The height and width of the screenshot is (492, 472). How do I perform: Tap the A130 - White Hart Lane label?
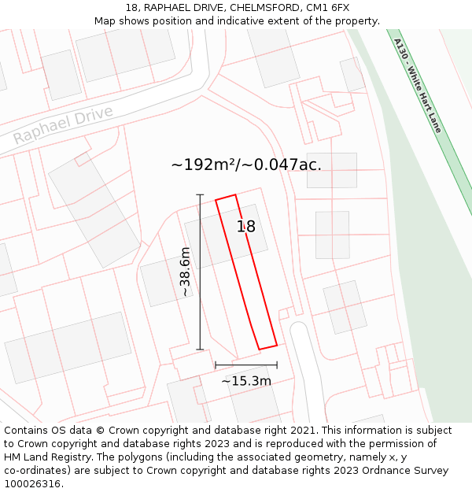coord(418,86)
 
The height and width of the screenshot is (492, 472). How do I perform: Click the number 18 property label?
coord(246,227)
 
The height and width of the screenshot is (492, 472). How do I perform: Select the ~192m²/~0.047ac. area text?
coord(246,165)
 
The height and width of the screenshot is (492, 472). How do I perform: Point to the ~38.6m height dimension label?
coord(185,272)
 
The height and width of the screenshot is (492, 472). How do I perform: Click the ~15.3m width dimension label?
coord(246,381)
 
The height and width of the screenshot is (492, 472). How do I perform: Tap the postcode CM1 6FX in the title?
coord(327,8)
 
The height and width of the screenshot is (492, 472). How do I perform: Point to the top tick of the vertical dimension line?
coord(200,194)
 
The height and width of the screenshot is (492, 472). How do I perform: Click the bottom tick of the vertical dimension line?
coord(200,349)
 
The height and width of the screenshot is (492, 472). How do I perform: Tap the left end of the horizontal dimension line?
coord(216,365)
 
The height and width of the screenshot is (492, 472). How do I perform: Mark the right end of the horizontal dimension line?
coord(277,365)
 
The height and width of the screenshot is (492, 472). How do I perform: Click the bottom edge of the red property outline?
coord(267,346)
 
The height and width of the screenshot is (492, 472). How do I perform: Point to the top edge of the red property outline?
coord(226,197)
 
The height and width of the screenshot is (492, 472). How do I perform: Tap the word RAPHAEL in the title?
coord(164,8)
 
